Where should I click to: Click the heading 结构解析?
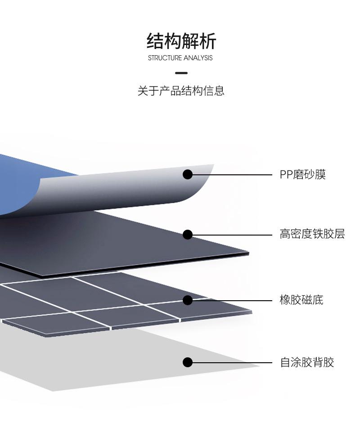point(181,41)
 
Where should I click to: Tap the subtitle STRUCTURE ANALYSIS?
point(180,58)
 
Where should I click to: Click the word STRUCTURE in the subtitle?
point(165,58)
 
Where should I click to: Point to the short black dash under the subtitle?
point(181,73)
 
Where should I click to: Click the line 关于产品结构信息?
point(181,91)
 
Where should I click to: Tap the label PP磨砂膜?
point(302,174)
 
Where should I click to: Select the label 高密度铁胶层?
point(312,234)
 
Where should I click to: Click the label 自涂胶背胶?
point(307,362)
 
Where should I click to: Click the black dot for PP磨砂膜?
point(188,174)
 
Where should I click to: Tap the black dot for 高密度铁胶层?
point(188,234)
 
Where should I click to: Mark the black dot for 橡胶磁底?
point(188,300)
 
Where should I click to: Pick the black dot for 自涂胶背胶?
point(188,362)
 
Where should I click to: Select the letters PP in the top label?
point(286,174)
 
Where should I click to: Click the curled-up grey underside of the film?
point(135,189)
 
